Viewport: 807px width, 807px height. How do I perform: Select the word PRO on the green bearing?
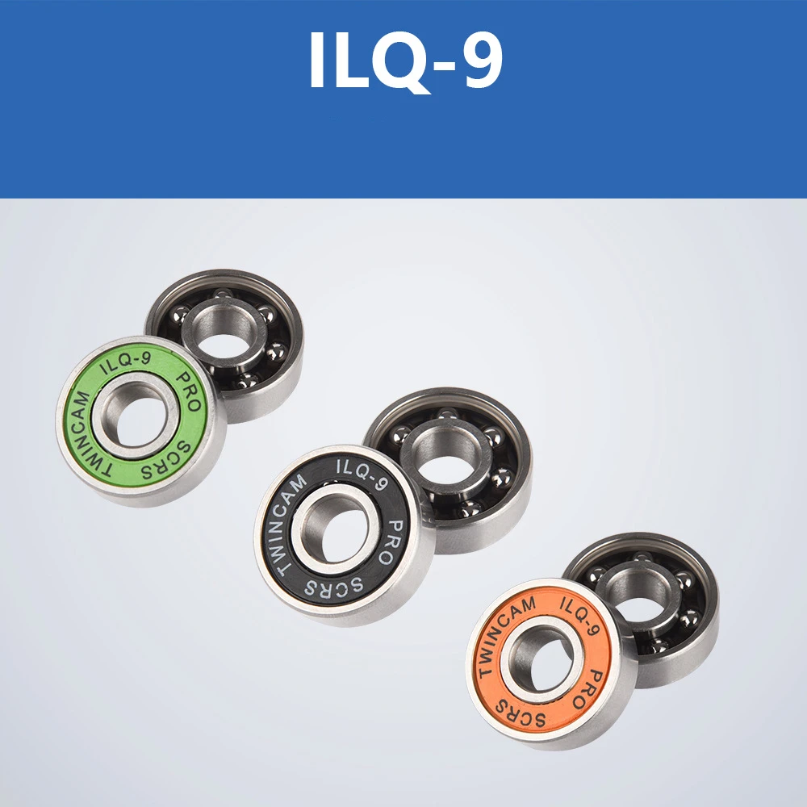188,391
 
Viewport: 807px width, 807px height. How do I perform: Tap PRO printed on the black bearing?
393,541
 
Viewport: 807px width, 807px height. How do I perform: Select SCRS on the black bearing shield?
335,585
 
